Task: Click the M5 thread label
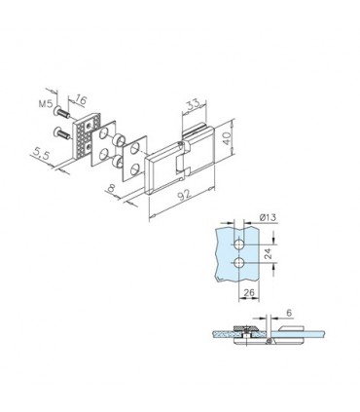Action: [45, 103]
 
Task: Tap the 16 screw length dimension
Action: [81, 100]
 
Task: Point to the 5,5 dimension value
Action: [41, 154]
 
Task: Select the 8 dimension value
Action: [111, 189]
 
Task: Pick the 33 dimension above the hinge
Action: [193, 105]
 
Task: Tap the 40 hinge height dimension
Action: [227, 138]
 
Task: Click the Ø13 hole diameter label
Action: [268, 217]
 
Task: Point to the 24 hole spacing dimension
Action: [268, 253]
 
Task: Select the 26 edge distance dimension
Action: [249, 292]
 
